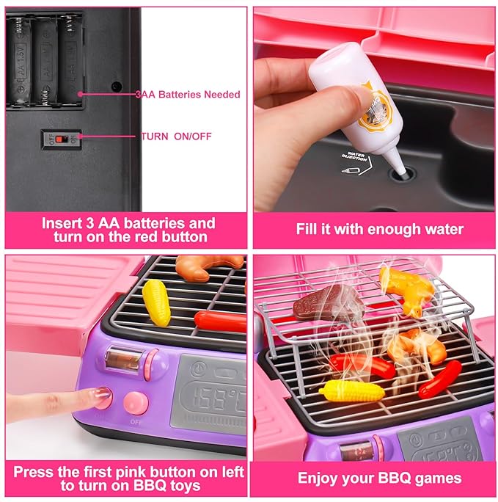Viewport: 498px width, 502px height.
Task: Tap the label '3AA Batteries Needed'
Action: click(187, 95)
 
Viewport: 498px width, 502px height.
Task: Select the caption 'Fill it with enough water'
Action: click(379, 229)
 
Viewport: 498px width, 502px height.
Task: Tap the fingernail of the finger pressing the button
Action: click(100, 397)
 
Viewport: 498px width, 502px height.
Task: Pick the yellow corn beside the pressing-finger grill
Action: click(155, 301)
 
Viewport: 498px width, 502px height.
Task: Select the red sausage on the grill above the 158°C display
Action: click(219, 320)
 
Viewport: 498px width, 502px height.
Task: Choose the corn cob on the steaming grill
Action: click(351, 390)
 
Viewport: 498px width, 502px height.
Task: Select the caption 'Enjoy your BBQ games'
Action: click(379, 478)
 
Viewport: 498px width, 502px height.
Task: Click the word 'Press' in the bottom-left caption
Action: click(34, 471)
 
